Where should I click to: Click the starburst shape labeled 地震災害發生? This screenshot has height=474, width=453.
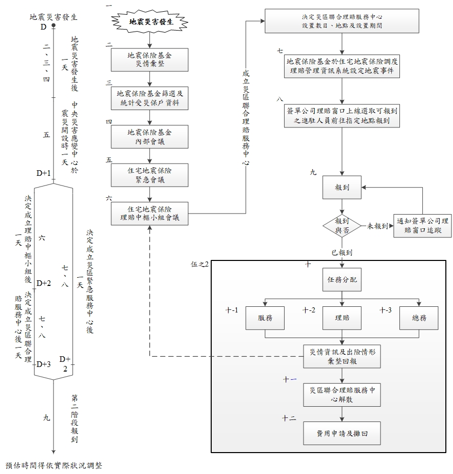point(149,22)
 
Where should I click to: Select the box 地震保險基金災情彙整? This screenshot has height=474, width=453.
point(149,60)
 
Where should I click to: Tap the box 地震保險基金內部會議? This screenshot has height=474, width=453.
point(149,137)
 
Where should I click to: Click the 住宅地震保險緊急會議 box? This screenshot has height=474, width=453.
point(149,175)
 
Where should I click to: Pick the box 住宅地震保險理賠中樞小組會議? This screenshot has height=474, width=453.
point(149,214)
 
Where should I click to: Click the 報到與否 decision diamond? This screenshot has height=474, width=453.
point(342,226)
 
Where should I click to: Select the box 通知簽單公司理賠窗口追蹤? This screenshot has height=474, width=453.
point(422,226)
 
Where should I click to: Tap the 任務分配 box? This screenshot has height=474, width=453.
point(342,279)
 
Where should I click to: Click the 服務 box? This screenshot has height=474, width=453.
point(265,318)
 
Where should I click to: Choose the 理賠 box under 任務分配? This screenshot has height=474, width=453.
point(342,318)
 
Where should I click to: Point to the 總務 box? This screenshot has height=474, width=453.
point(419,318)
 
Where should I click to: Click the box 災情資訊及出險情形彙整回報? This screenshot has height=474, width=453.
point(342,356)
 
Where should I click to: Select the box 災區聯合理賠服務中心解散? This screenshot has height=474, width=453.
point(342,394)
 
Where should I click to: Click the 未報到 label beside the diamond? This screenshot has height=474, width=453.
point(377,226)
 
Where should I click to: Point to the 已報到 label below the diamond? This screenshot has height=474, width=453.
point(342,252)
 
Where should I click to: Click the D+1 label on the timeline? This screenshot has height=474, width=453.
point(43,173)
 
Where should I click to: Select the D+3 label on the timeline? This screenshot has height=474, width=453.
point(44,364)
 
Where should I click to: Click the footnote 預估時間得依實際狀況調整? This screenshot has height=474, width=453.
point(54,466)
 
